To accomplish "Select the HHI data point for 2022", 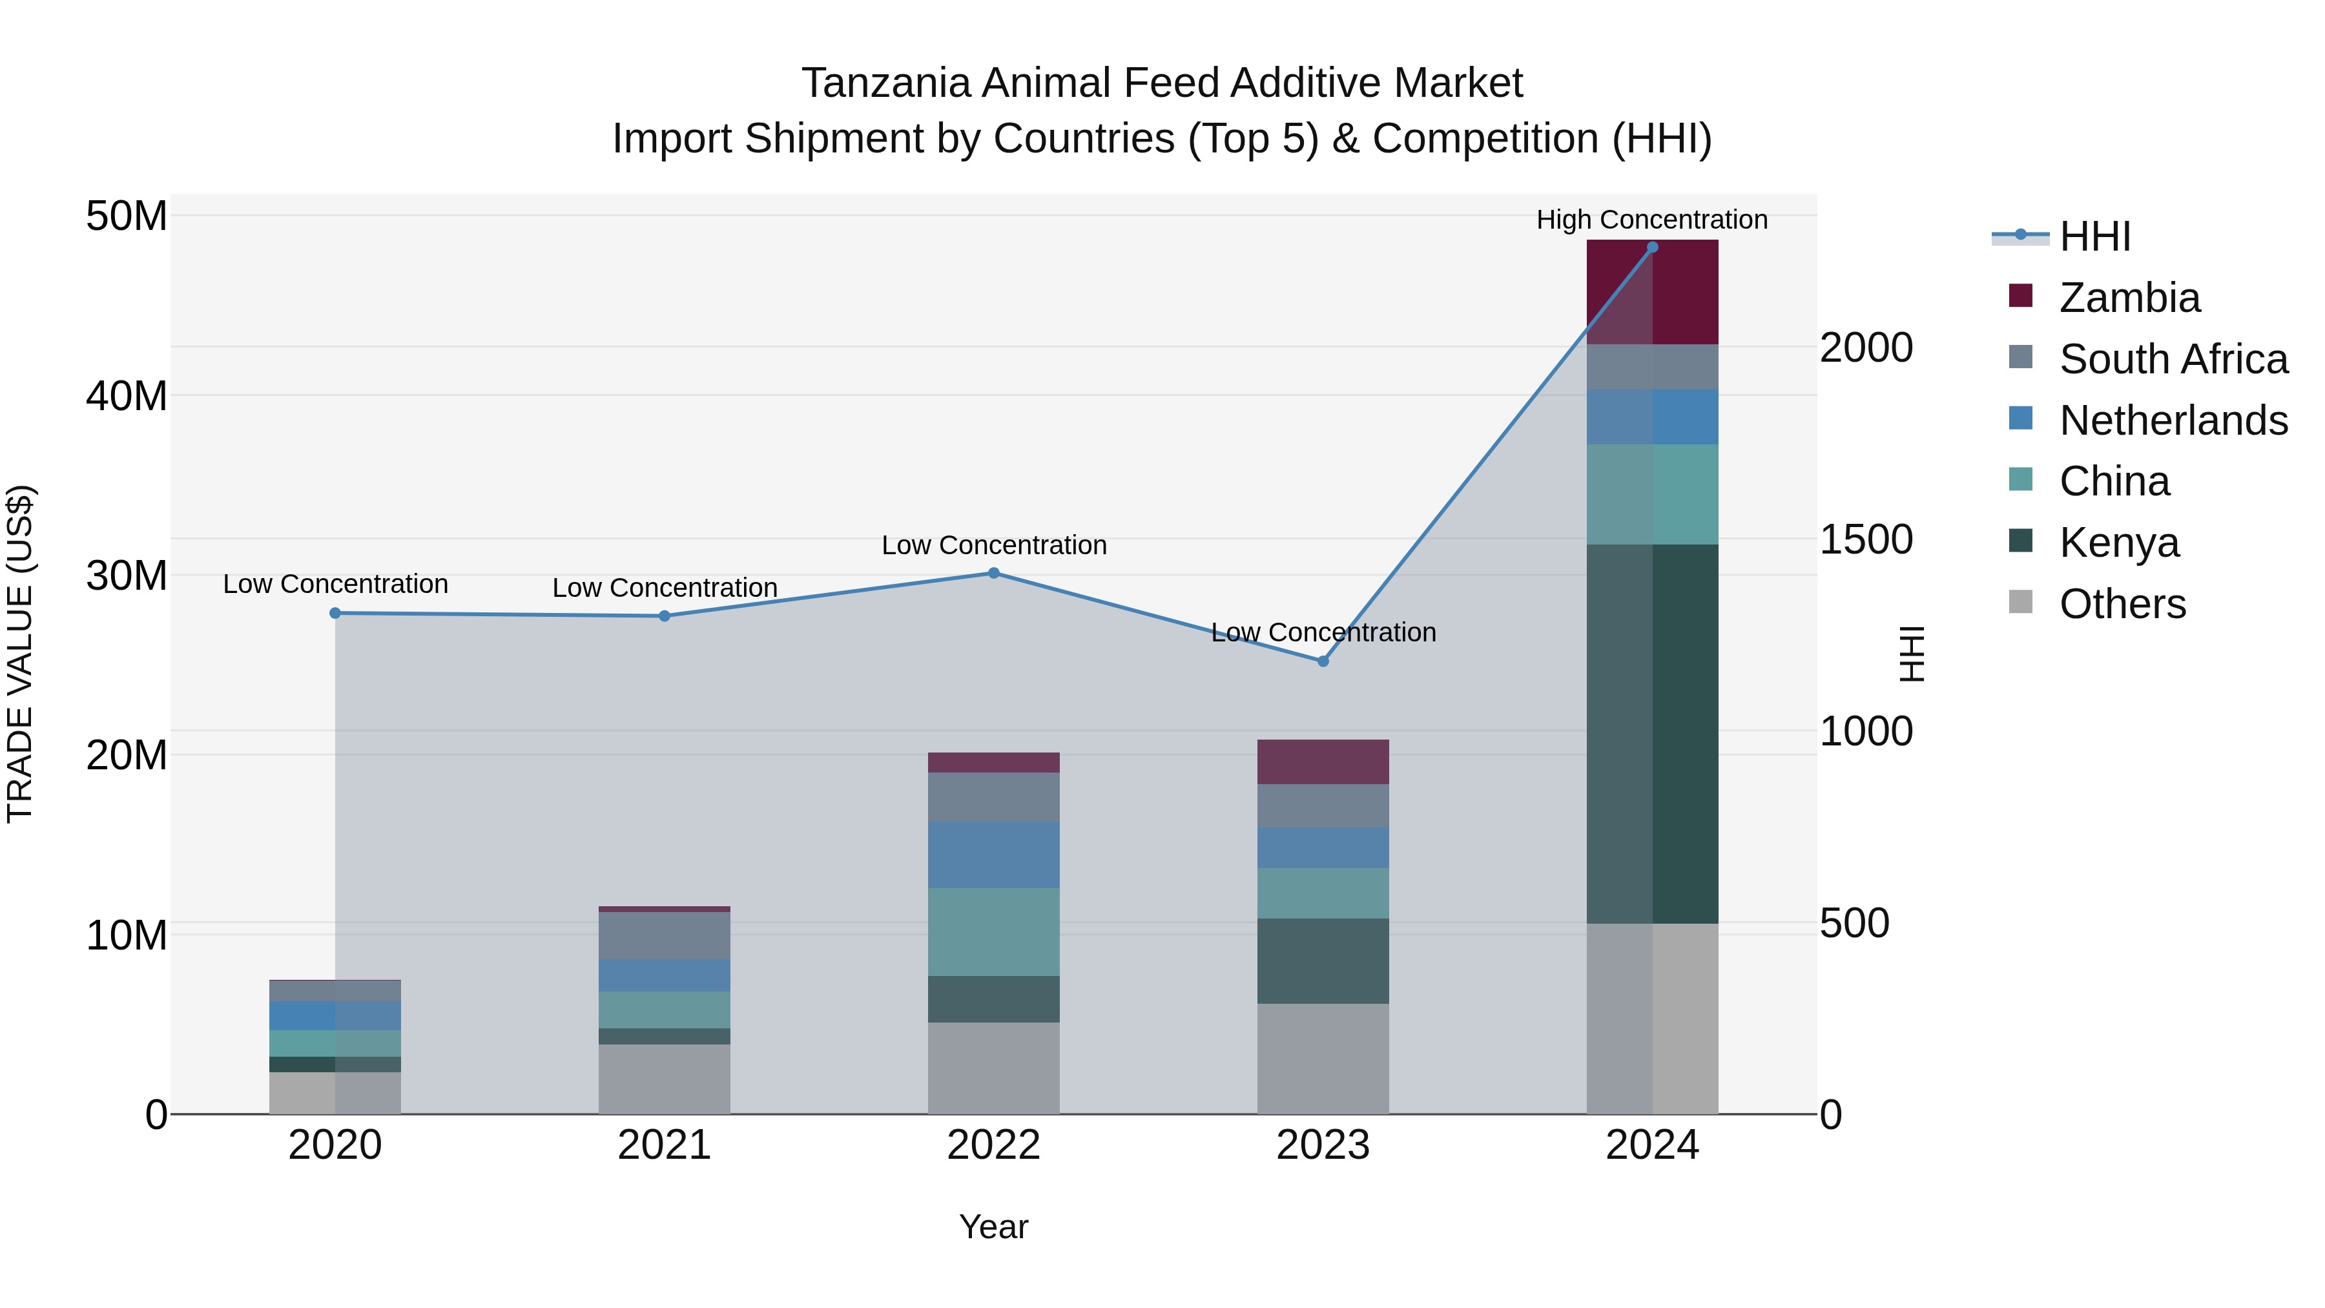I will click(994, 573).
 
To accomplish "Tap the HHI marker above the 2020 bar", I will click(335, 614).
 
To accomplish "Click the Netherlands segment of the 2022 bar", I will click(994, 854).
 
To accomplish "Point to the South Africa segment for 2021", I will click(665, 935).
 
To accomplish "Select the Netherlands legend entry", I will click(2173, 420).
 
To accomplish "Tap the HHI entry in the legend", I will click(2094, 236).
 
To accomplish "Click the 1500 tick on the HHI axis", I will click(1865, 540).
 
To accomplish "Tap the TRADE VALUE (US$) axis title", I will click(20, 654).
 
